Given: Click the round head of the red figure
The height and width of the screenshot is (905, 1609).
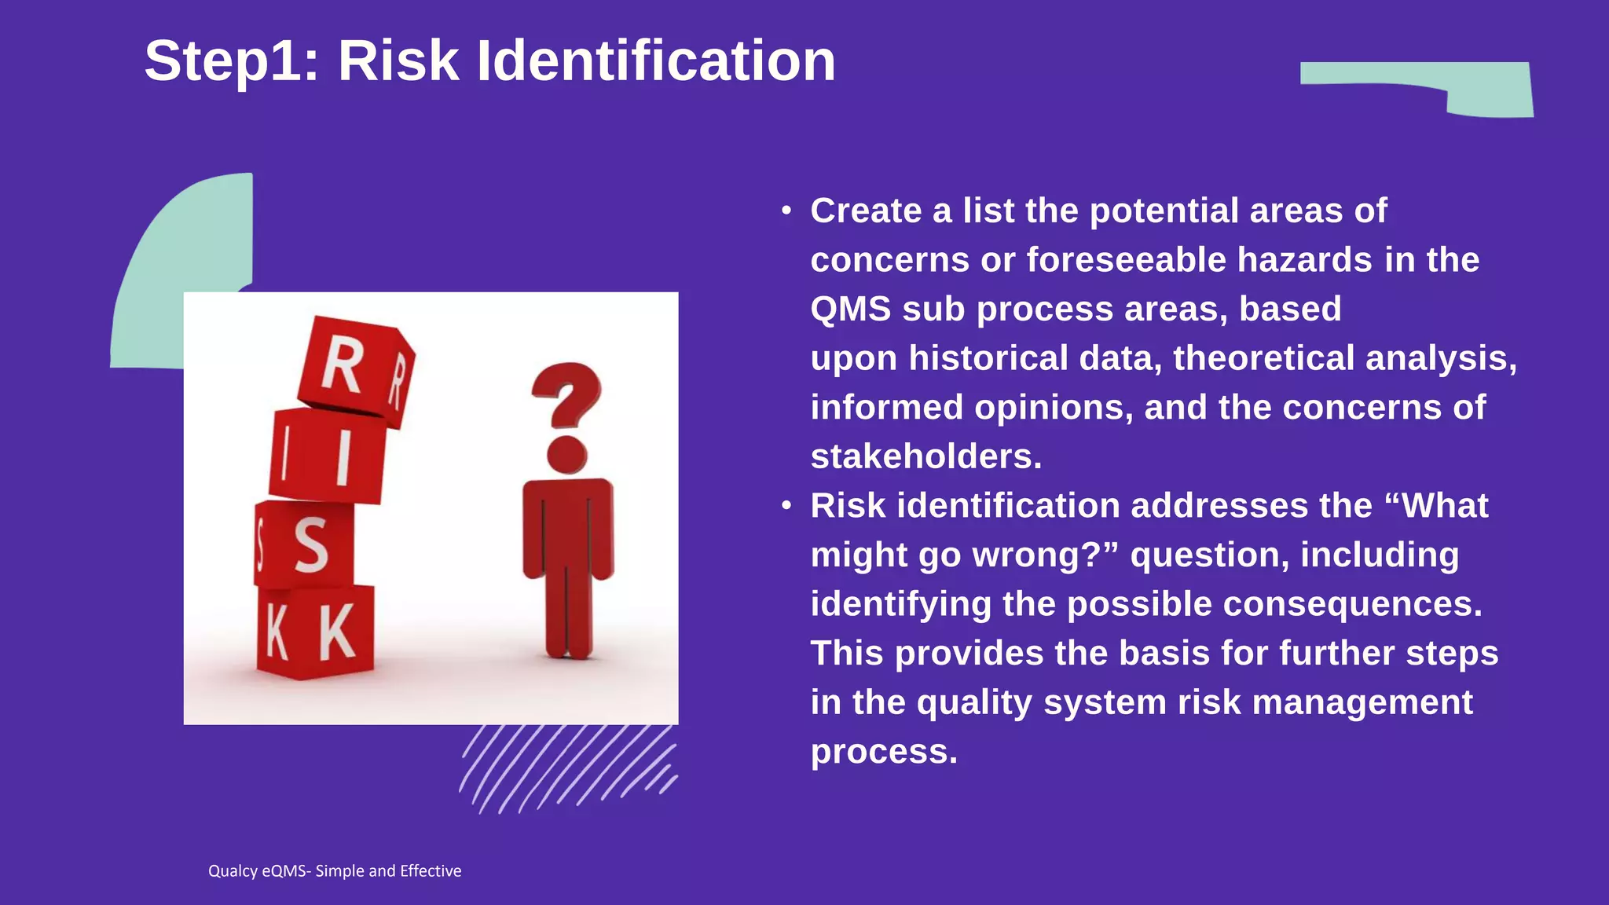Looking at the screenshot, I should [567, 454].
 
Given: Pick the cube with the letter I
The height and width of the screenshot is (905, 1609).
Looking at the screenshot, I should [328, 456].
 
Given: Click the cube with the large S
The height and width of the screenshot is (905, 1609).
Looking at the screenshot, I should [306, 544].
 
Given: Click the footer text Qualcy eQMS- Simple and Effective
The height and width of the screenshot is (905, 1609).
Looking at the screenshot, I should [335, 871].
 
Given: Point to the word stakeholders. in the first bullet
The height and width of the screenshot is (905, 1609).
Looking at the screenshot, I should [926, 457].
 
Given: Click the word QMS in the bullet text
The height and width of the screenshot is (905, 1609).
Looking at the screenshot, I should [850, 310].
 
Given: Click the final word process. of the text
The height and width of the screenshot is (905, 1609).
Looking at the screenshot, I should [884, 752].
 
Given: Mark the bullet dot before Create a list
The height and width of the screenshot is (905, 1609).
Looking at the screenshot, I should [786, 211].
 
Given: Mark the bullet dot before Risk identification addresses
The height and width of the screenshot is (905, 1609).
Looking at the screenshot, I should [786, 507].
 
